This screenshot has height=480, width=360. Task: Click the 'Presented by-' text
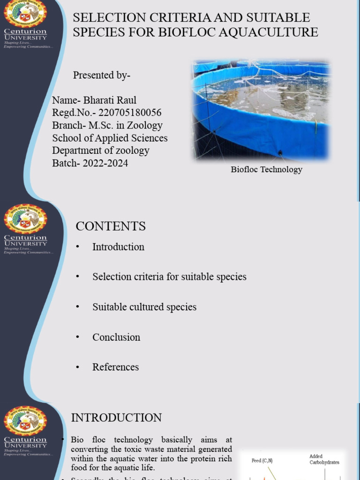[x=102, y=75]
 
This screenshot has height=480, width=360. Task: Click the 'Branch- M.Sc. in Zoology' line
[x=107, y=126]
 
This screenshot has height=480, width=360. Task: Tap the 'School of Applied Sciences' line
[x=110, y=138]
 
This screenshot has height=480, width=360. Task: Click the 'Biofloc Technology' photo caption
[x=266, y=170]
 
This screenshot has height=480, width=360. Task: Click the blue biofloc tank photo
[x=262, y=111]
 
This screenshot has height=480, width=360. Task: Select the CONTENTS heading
[x=111, y=226]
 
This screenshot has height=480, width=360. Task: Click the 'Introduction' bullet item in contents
[x=118, y=247]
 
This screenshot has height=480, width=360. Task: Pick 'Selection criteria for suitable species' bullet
[x=169, y=277]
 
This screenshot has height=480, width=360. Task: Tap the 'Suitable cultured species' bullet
[x=144, y=307]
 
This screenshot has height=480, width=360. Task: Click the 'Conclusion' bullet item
[x=116, y=337]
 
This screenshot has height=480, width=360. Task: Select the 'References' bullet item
[x=115, y=367]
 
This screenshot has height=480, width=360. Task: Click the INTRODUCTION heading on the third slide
[x=116, y=418]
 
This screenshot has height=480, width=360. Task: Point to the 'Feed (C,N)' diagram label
[x=262, y=461]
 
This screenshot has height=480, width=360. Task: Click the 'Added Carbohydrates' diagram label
[x=324, y=459]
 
